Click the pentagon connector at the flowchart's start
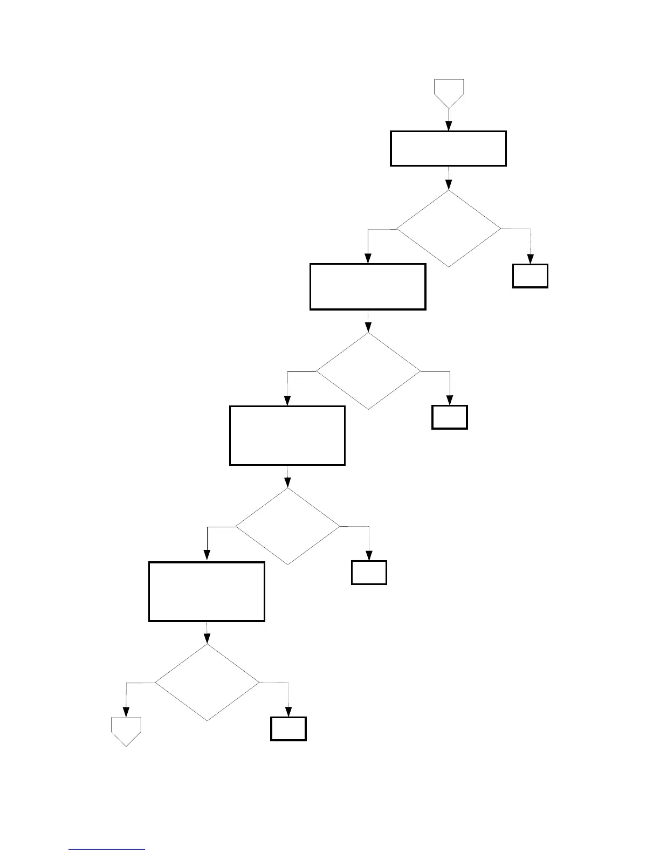tap(449, 92)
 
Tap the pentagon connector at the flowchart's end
tap(126, 730)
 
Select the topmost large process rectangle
tap(448, 148)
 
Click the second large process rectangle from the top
tap(368, 286)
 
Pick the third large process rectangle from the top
tap(287, 435)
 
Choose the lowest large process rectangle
tap(207, 591)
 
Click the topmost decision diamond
tap(449, 229)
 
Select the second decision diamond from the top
tap(368, 371)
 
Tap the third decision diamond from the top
tap(288, 526)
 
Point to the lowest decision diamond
tap(207, 683)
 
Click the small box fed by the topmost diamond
tap(530, 276)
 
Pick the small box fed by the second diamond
tap(450, 417)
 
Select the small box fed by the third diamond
tap(369, 573)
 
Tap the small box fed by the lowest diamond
tap(288, 729)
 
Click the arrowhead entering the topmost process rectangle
tap(449, 126)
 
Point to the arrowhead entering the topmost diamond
tap(449, 185)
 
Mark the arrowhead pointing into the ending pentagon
tap(126, 712)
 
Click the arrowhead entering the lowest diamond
tap(207, 639)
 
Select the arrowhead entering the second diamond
tap(368, 327)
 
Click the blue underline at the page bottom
tap(107, 850)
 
